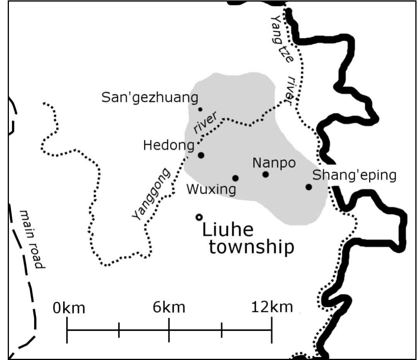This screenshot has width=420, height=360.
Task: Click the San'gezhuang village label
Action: point(150,97)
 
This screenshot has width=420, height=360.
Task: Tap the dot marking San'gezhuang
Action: point(200,109)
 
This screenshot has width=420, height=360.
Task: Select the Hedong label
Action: point(168,146)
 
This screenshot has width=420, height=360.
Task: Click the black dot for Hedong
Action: point(201,155)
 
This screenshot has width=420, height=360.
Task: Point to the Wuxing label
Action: point(211,190)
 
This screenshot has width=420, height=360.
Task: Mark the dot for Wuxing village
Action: point(235,178)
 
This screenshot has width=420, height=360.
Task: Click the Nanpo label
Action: point(274,163)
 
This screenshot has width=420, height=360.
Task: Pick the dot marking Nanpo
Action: point(266,174)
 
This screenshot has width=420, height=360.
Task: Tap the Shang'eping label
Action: point(354,176)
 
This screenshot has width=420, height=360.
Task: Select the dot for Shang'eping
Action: point(309,187)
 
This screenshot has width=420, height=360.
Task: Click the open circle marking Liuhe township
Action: point(199,217)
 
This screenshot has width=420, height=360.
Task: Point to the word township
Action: point(251,248)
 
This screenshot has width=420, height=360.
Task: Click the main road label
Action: point(33,239)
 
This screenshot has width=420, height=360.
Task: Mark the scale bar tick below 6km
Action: point(169,330)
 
